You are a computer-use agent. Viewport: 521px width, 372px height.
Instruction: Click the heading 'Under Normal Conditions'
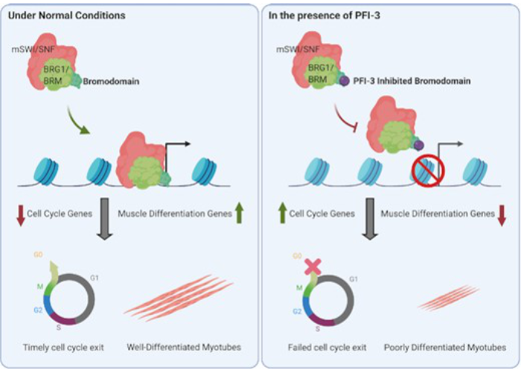click(63, 15)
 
